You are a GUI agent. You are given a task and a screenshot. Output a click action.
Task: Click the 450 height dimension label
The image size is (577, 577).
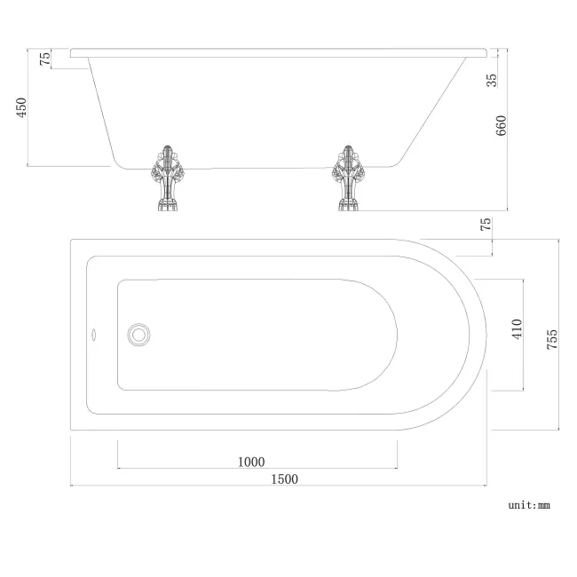(x=23, y=107)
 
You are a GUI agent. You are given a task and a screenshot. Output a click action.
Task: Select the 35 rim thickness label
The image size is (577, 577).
(x=492, y=79)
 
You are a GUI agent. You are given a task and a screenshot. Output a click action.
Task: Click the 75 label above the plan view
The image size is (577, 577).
(x=486, y=225)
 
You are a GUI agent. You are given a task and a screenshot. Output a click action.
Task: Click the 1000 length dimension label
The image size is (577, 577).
(x=251, y=461)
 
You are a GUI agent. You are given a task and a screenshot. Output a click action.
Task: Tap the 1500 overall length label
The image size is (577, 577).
(x=284, y=479)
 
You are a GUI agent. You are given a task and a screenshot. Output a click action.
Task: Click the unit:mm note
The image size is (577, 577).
(x=529, y=505)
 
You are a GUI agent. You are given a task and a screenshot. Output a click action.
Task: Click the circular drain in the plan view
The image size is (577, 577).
(x=138, y=335)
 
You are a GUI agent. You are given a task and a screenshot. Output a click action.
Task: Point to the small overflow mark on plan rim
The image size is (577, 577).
(x=89, y=336)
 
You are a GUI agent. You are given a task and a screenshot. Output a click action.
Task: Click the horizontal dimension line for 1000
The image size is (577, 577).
(x=257, y=469)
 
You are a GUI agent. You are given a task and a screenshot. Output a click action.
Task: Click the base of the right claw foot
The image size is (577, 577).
(x=349, y=209)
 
